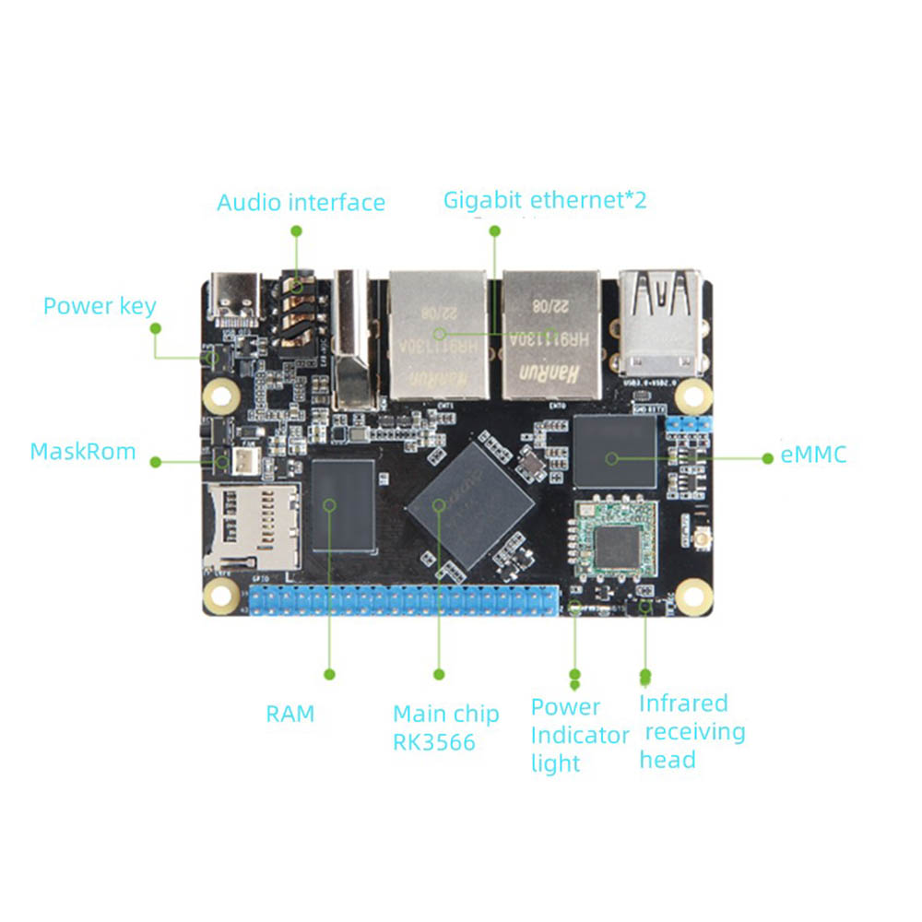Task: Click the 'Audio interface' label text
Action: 301,203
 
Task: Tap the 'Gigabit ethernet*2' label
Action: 545,200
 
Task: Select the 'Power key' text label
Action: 100,306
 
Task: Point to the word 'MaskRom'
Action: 83,452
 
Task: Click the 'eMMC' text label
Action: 813,455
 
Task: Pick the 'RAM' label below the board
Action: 290,714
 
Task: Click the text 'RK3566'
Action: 434,742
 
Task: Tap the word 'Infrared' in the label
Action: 683,703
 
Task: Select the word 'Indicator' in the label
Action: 580,736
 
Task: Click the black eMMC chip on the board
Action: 614,452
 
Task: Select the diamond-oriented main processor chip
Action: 471,505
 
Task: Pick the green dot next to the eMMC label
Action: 768,457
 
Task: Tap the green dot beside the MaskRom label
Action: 156,462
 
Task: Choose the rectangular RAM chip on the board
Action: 344,504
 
